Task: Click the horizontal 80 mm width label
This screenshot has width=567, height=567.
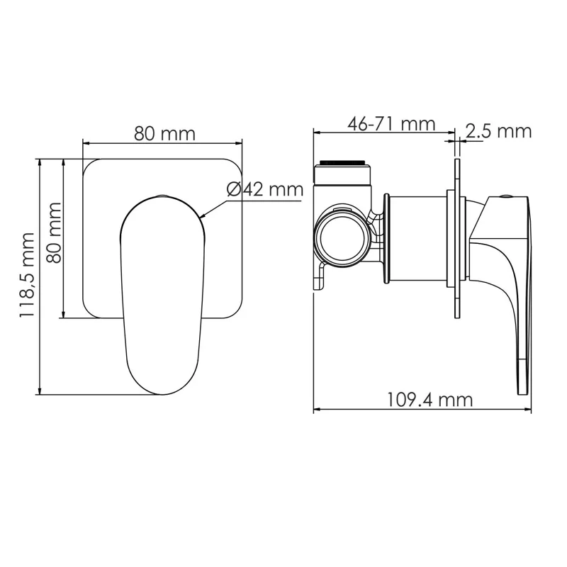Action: coord(164,133)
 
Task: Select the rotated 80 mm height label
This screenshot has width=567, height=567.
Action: coord(52,232)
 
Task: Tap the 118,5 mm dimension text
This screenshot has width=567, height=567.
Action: coord(28,274)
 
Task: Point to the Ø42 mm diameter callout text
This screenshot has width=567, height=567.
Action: coord(264,189)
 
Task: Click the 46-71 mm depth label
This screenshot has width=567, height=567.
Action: coord(391,123)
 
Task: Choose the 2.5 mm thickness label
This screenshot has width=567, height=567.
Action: coord(498,130)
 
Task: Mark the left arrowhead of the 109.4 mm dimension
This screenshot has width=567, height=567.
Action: coord(317,409)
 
